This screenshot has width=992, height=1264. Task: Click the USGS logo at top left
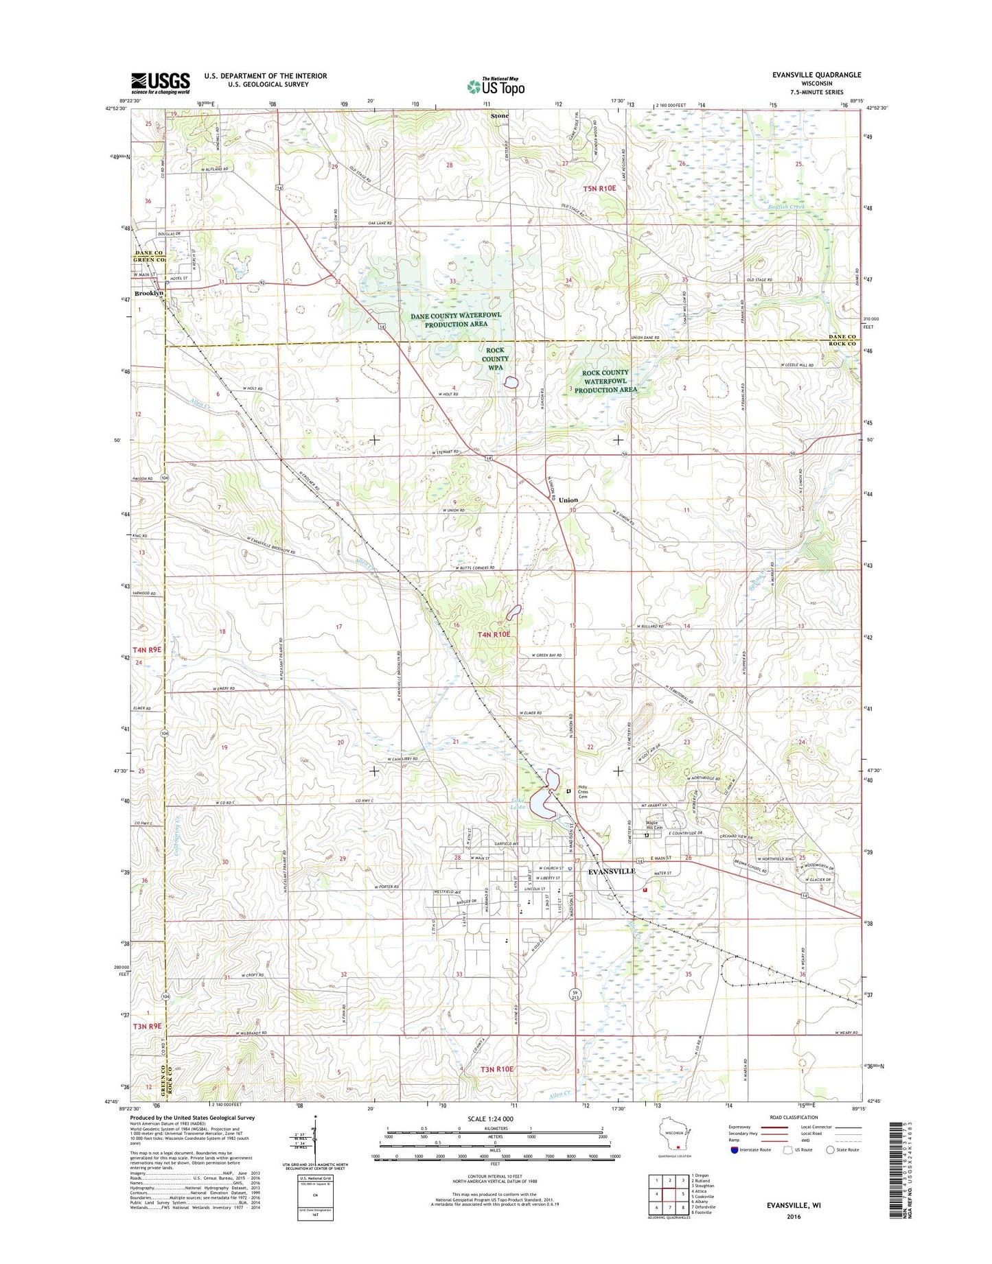160,83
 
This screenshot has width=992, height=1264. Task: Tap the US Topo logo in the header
496,86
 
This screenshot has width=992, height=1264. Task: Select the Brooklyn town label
148,293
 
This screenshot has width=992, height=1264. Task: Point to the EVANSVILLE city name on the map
612,871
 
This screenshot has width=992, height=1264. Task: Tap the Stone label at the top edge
500,116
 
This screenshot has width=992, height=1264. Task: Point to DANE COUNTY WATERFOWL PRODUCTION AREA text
456,319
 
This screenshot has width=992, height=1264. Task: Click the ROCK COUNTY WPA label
495,358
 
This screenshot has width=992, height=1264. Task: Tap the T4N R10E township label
494,635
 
